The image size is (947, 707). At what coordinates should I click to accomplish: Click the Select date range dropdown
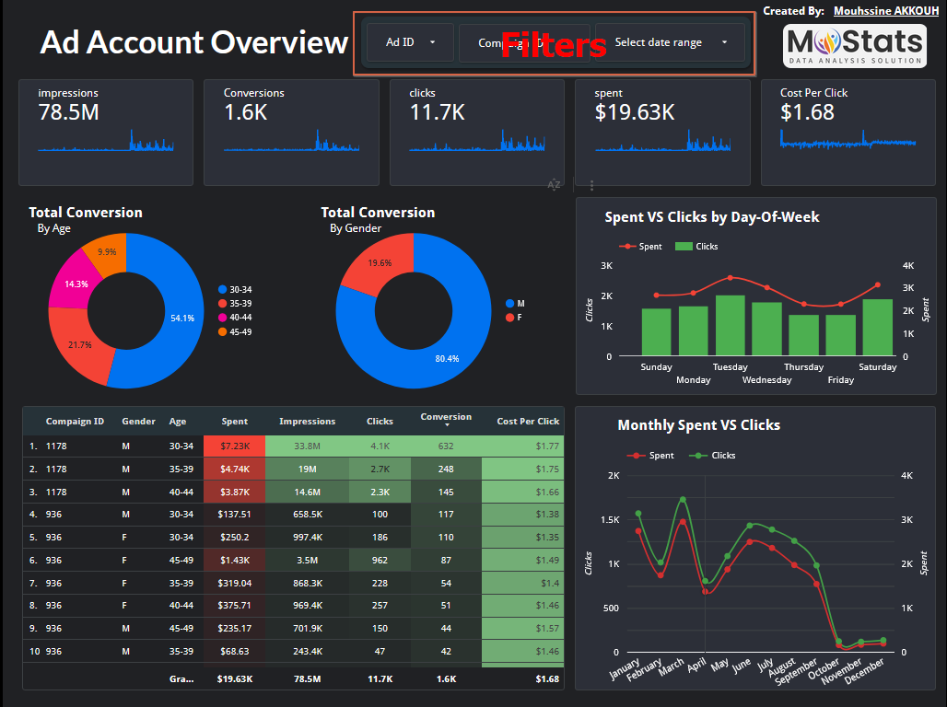click(670, 42)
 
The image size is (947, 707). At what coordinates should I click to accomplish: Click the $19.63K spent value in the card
click(635, 112)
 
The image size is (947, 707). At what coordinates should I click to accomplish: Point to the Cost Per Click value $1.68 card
click(807, 112)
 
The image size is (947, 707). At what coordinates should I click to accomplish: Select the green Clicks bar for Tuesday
click(730, 326)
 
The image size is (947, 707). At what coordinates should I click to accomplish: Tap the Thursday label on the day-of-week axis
click(803, 367)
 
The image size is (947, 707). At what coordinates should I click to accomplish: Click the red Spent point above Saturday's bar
click(877, 285)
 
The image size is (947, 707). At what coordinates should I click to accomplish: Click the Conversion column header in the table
click(446, 417)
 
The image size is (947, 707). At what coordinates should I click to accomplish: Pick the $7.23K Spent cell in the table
click(234, 446)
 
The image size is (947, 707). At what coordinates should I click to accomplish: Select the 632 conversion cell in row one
click(446, 446)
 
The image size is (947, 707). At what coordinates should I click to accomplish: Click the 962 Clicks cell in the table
click(380, 560)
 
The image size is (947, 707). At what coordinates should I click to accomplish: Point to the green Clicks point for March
click(683, 500)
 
